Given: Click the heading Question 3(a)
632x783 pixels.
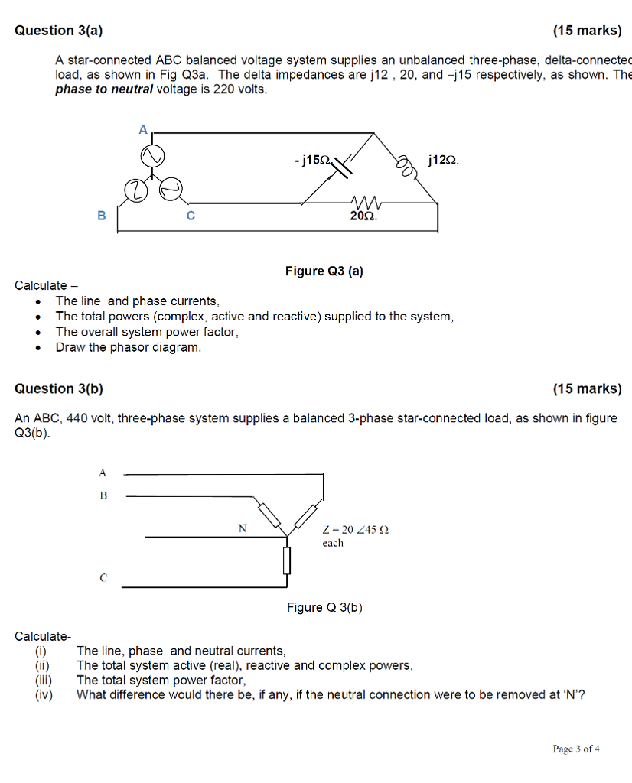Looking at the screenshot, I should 58,31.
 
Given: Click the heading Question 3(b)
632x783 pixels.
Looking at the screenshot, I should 58,388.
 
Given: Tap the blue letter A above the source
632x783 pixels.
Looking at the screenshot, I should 142,130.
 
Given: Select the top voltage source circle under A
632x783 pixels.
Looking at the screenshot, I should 151,157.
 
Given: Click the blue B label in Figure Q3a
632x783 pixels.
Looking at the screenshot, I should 101,216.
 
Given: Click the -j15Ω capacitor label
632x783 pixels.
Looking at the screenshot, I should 312,161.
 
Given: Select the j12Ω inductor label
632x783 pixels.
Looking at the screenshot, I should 444,161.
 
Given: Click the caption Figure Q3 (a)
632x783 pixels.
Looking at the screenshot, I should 324,271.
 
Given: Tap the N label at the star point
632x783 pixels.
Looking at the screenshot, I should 243,528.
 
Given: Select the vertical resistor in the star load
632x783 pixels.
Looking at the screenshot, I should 287,560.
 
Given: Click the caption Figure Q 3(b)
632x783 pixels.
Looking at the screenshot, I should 324,607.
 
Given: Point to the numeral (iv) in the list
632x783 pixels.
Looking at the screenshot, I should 44,694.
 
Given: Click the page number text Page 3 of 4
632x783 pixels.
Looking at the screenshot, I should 575,749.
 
